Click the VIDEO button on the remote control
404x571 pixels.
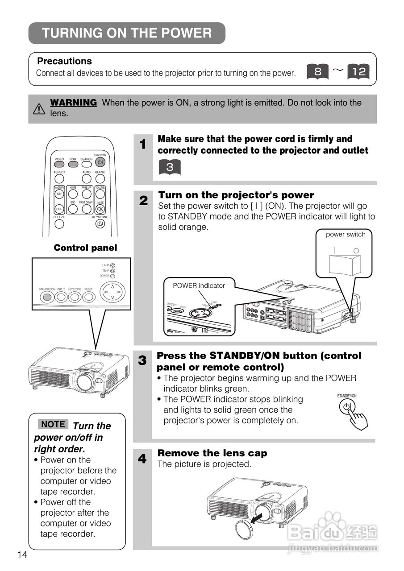point(59,164)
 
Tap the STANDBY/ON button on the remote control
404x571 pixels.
point(100,162)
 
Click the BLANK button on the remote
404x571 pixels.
point(100,178)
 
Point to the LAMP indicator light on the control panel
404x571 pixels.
point(112,265)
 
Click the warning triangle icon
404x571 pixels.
point(39,108)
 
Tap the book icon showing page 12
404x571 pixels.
point(358,71)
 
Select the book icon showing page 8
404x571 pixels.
point(318,71)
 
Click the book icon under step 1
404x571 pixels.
point(169,167)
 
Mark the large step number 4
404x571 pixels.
point(142,459)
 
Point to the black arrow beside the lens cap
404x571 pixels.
point(259,517)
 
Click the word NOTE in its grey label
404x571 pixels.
point(53,424)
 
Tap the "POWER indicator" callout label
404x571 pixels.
point(199,285)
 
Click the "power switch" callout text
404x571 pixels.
point(346,235)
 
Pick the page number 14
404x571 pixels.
point(22,554)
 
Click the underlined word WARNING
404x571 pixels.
point(73,103)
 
